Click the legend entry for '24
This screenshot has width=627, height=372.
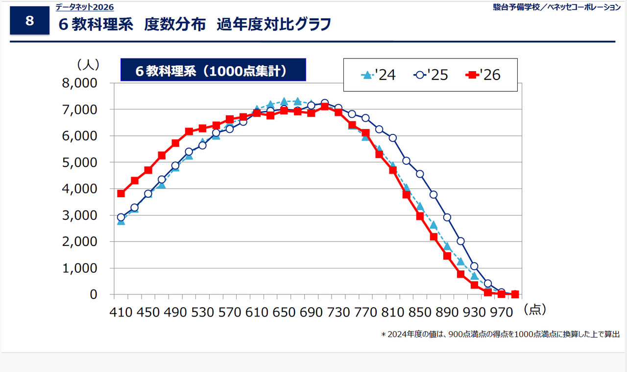click(x=378, y=75)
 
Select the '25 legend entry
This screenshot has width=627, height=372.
click(x=431, y=75)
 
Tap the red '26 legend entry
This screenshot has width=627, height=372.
click(x=483, y=75)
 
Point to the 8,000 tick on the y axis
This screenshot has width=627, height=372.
click(x=79, y=83)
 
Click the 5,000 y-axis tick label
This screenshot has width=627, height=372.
click(x=79, y=162)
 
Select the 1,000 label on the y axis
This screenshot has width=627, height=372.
click(x=79, y=268)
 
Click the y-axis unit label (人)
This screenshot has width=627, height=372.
click(x=88, y=64)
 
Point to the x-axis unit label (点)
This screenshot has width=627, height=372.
click(x=534, y=309)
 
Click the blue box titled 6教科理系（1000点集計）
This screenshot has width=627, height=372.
click(x=213, y=70)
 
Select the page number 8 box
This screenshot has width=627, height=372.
click(x=29, y=21)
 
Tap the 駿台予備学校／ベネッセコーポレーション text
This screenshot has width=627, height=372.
click(x=556, y=7)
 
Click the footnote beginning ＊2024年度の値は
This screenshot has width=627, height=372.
click(x=500, y=334)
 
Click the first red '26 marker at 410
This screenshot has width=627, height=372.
click(x=121, y=193)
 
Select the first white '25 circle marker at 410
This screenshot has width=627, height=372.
click(x=121, y=217)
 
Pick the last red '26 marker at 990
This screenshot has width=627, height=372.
click(x=515, y=294)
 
